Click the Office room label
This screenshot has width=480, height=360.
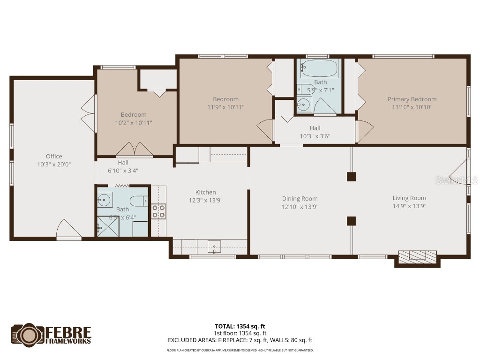coord(54,156)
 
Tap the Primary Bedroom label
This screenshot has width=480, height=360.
coord(412,99)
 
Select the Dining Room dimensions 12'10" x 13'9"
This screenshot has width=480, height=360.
coord(300,206)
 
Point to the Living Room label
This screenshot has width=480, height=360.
coord(409,198)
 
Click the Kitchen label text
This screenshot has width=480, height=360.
coord(206,192)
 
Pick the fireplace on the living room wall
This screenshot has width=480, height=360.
coord(417,257)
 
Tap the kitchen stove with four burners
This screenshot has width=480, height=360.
coord(159,211)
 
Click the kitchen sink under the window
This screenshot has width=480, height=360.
coord(215,246)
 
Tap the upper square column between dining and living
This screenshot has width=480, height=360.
coord(351,176)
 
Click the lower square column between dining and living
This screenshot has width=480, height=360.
coord(351,220)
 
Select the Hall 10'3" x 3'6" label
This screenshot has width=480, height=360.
coord(315,132)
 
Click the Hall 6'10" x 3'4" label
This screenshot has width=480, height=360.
coord(123,166)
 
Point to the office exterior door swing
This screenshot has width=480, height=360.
coord(68,229)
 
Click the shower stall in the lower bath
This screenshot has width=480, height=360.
coord(108,227)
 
